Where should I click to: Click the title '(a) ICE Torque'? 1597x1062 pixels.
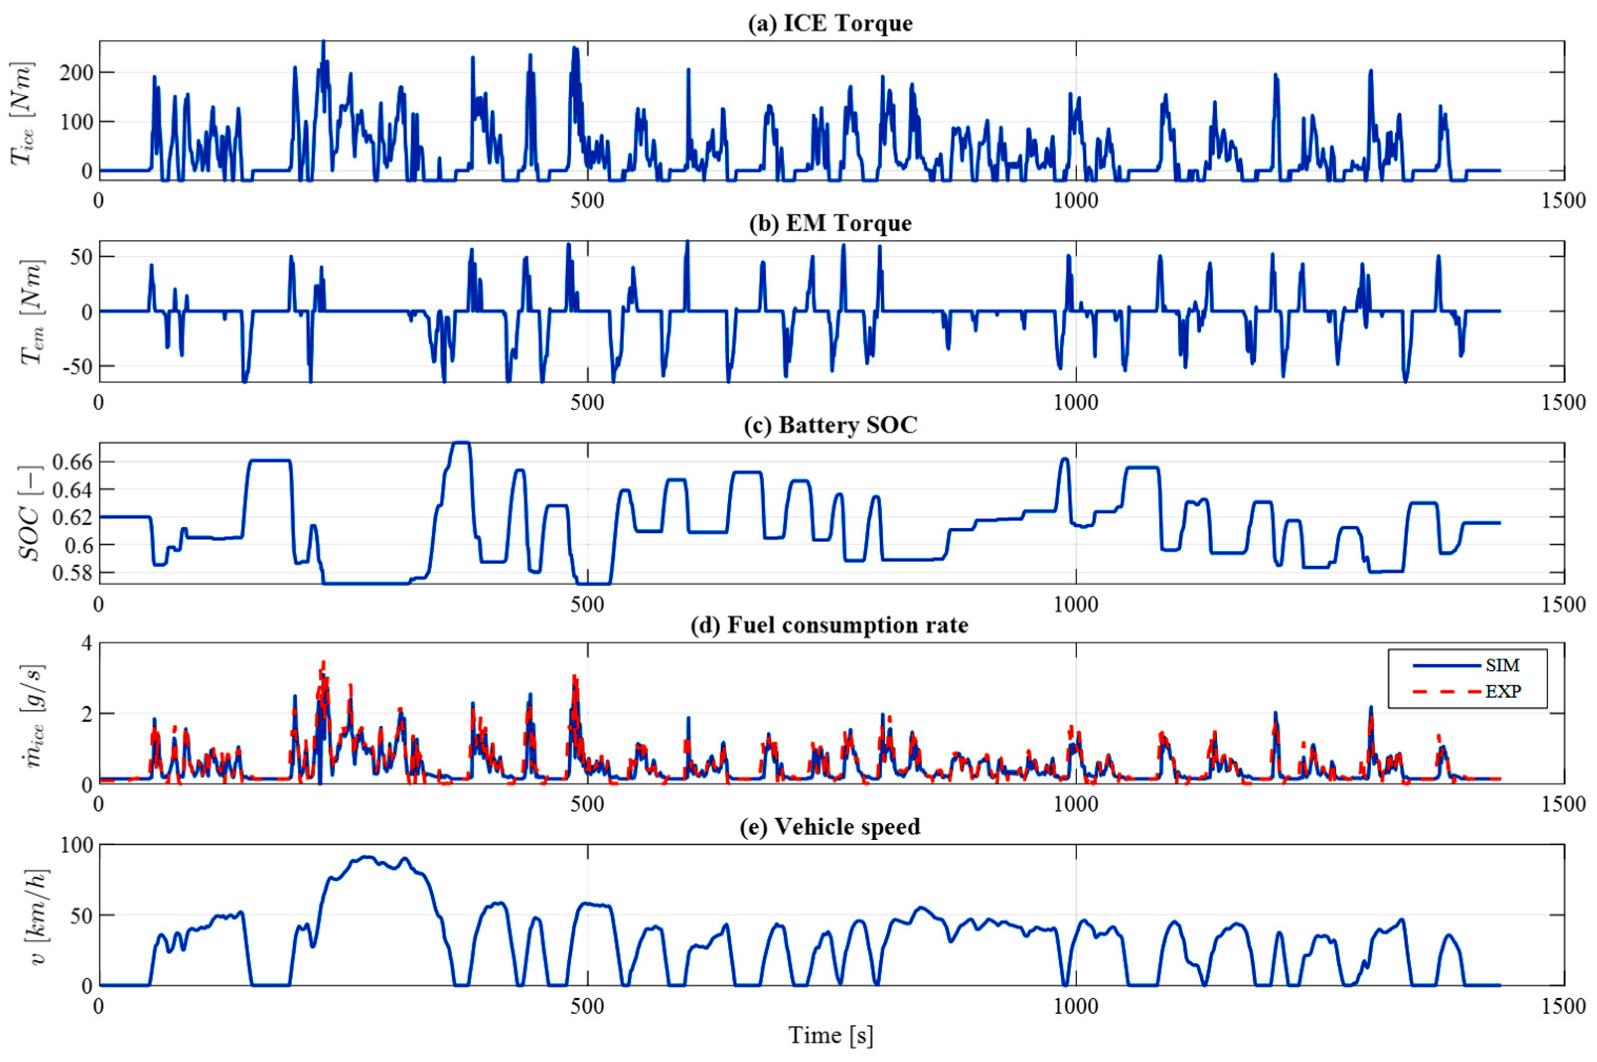(830, 24)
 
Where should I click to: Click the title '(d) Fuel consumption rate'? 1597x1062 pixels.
(830, 625)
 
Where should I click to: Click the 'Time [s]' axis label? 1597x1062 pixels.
(830, 1036)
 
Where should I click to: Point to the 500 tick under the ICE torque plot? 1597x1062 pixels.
(587, 201)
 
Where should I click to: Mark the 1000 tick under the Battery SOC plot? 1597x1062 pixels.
(1076, 603)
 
